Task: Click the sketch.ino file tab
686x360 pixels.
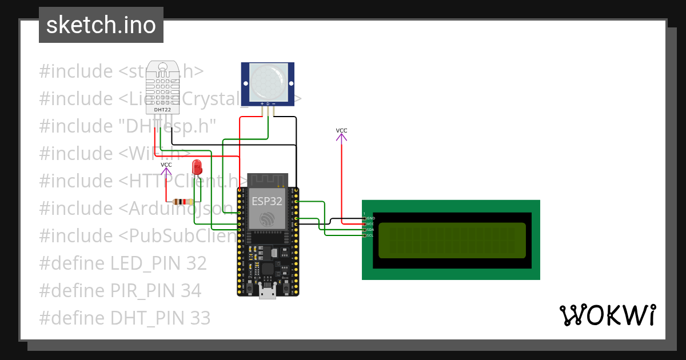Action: click(x=101, y=25)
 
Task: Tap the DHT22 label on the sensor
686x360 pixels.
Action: click(x=163, y=109)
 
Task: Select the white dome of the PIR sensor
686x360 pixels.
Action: click(x=268, y=81)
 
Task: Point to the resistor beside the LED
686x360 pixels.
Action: click(x=182, y=201)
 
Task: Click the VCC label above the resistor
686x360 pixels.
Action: click(x=166, y=165)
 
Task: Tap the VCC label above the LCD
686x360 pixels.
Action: click(x=341, y=130)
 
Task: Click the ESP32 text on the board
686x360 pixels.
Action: click(x=267, y=201)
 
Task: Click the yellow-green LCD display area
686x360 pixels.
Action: click(x=452, y=240)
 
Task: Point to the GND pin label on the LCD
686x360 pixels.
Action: click(x=370, y=218)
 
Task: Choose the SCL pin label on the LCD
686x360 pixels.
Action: click(x=370, y=235)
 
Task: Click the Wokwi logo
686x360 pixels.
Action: click(x=607, y=315)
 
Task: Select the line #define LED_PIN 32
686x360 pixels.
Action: click(x=123, y=263)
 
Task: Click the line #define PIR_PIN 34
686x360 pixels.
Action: click(x=120, y=290)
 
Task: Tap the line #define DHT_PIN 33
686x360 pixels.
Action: click(x=125, y=318)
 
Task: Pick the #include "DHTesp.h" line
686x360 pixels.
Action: click(x=127, y=126)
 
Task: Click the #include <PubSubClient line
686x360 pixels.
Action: click(x=137, y=235)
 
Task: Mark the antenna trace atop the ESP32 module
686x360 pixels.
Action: click(x=267, y=181)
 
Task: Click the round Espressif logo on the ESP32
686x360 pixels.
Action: click(x=267, y=219)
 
